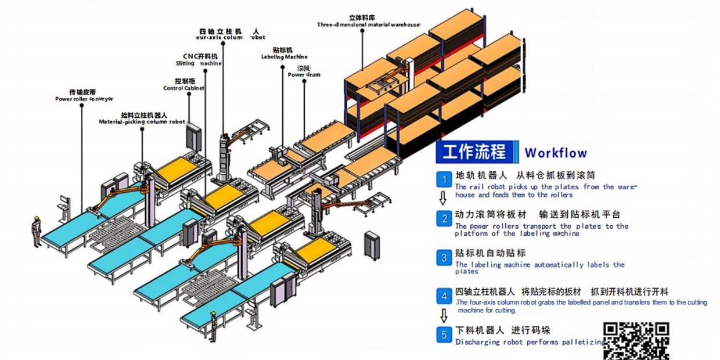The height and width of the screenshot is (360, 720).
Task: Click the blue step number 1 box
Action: click(444, 178)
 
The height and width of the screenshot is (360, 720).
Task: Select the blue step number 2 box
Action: click(444, 218)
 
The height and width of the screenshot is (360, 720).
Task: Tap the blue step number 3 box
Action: click(444, 257)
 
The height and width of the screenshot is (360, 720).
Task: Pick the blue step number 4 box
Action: click(444, 296)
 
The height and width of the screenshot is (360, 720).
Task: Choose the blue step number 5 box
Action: click(444, 334)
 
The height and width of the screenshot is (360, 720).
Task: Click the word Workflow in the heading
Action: click(556, 153)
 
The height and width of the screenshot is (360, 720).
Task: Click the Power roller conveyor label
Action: click(84, 99)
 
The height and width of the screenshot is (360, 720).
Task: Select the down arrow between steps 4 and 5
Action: click(444, 315)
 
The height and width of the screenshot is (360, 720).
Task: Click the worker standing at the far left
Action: click(35, 232)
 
